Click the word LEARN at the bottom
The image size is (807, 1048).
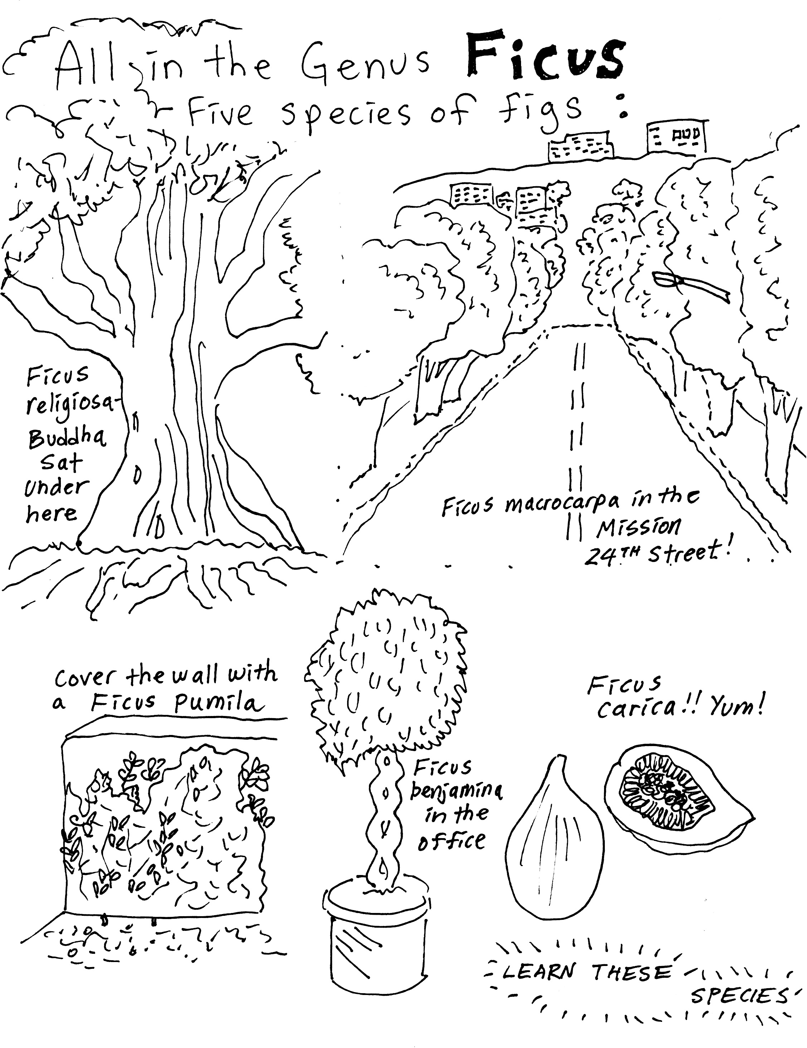538,972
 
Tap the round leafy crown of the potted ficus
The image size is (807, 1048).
384,681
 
